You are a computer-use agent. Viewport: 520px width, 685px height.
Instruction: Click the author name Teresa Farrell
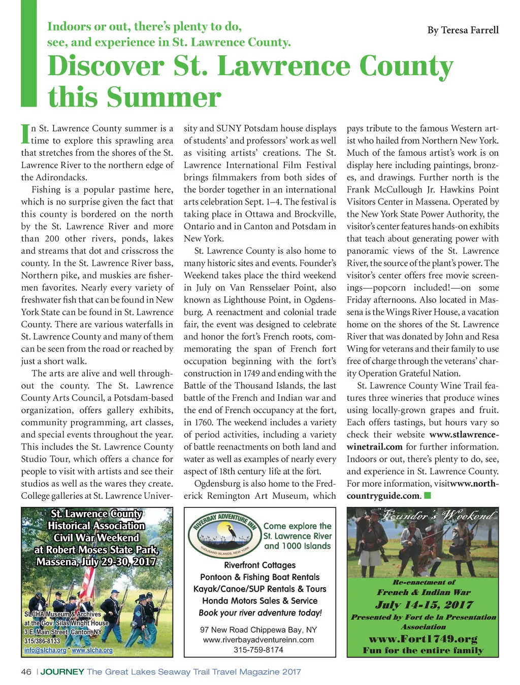coord(463,30)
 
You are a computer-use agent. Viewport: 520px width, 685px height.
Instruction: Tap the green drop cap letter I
coord(25,133)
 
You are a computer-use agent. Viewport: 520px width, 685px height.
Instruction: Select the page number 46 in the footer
coord(26,672)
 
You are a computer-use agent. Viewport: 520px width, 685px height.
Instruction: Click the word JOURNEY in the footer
coord(62,672)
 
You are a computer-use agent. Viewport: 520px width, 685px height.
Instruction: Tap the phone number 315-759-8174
coord(258,649)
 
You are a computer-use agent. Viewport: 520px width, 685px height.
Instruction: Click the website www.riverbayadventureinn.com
coord(258,639)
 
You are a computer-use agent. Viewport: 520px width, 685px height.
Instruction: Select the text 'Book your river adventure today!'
coord(260,612)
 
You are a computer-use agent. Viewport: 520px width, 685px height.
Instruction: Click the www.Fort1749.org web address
coord(423,638)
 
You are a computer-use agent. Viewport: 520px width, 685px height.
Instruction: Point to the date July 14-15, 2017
coord(424,604)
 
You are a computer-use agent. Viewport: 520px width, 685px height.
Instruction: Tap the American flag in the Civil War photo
coord(87,584)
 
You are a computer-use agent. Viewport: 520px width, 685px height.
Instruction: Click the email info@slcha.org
coord(45,650)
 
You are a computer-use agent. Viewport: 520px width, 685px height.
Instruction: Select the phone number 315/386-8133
coord(42,641)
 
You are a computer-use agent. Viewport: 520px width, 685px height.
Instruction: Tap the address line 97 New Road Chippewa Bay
coord(258,629)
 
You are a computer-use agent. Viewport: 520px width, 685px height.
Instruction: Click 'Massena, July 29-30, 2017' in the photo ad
coord(96,562)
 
